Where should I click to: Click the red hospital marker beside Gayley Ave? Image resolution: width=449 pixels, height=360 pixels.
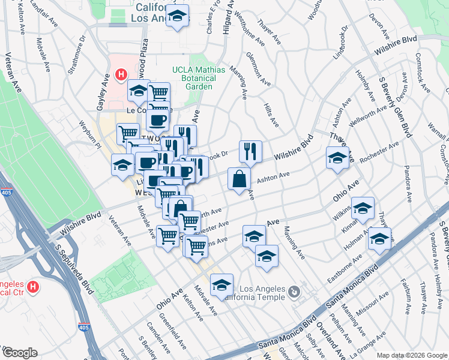click(121, 75)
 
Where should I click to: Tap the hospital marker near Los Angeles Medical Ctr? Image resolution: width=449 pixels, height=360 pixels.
click(34, 287)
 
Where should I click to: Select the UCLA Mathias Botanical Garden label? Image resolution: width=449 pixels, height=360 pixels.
click(198, 78)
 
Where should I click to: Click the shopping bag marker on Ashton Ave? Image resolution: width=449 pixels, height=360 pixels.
click(239, 179)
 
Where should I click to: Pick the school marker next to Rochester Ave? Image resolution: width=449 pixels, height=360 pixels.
click(337, 158)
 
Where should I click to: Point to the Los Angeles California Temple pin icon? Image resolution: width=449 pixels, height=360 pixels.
click(294, 292)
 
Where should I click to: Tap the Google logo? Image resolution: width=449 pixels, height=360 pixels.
click(19, 353)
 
